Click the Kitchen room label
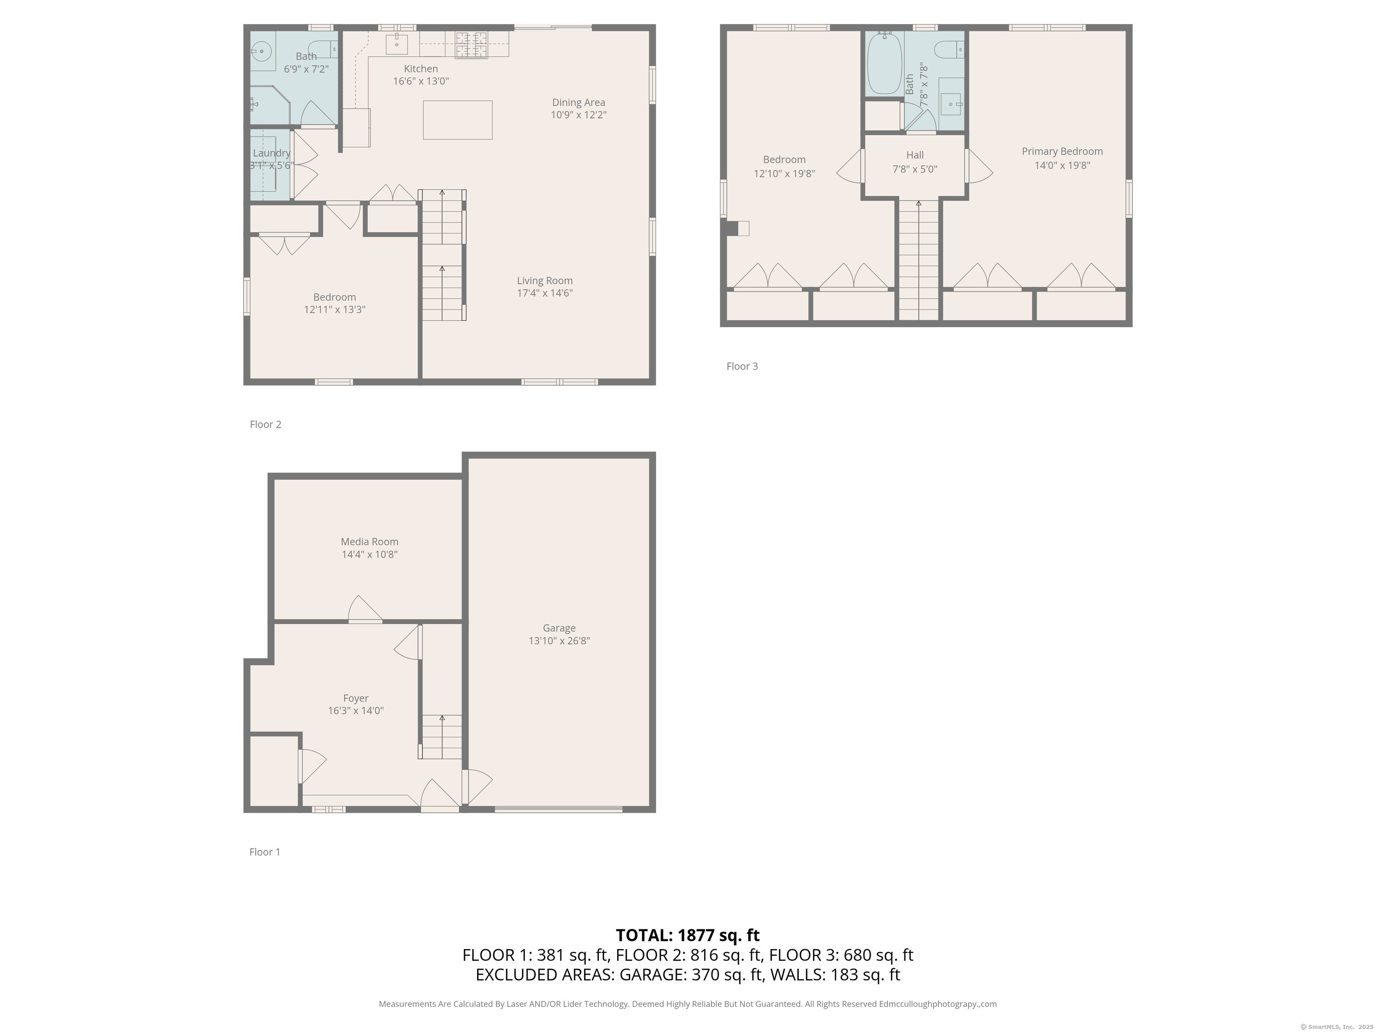pyautogui.click(x=421, y=69)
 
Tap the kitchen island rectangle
pyautogui.click(x=458, y=120)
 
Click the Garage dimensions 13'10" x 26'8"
pyautogui.click(x=559, y=641)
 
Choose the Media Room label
pyautogui.click(x=370, y=542)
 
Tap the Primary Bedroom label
pyautogui.click(x=1062, y=151)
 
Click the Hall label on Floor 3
pyautogui.click(x=915, y=155)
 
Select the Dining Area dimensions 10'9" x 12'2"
pyautogui.click(x=579, y=115)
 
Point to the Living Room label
pyautogui.click(x=545, y=280)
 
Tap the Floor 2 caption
pyautogui.click(x=266, y=424)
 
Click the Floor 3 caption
pyautogui.click(x=742, y=366)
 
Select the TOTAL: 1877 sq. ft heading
pyautogui.click(x=688, y=935)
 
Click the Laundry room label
pyautogui.click(x=272, y=153)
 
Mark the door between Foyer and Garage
pyautogui.click(x=477, y=787)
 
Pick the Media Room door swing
pyautogui.click(x=365, y=609)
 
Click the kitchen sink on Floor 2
pyautogui.click(x=397, y=44)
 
